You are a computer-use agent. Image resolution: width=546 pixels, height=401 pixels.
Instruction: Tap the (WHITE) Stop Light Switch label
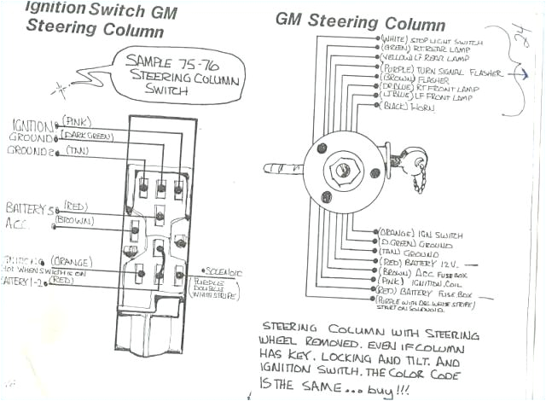pyautogui.click(x=432, y=40)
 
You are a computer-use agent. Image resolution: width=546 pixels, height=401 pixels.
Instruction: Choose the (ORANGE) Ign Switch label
pyautogui.click(x=417, y=232)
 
